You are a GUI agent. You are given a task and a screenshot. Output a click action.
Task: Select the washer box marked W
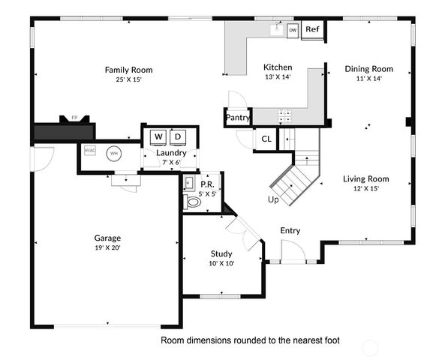[158, 137]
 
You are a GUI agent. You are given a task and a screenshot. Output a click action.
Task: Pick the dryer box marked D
[178, 137]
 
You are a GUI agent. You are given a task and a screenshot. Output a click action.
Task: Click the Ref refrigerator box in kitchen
[312, 30]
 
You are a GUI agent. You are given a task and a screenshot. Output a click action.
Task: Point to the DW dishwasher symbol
[293, 30]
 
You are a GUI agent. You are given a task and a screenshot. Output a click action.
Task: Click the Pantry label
[237, 118]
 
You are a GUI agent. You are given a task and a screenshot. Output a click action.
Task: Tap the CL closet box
[266, 139]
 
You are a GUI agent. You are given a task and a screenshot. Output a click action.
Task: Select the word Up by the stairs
[274, 199]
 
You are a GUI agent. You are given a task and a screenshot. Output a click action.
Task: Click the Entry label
[290, 230]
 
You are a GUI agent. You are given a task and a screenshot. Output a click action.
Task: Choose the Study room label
[221, 253]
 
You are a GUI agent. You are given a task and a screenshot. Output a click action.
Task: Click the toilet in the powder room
[193, 202]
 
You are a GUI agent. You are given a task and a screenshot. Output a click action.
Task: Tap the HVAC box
[90, 151]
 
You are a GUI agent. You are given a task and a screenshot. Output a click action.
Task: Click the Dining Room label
[368, 69]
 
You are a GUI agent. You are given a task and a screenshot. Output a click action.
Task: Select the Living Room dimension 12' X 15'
[366, 188]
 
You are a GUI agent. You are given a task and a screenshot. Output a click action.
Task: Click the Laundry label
[171, 153]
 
